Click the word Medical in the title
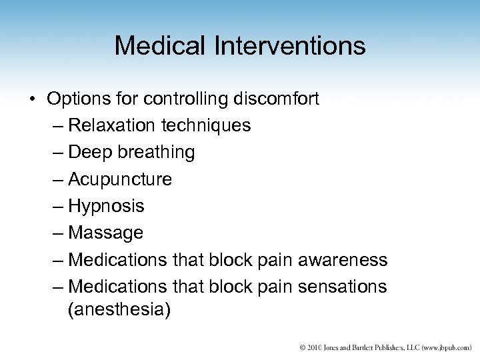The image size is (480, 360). (155, 46)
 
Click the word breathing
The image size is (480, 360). (155, 153)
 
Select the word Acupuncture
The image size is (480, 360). (120, 179)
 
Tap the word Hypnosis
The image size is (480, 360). (106, 206)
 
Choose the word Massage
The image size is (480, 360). (105, 233)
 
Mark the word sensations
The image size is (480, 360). (341, 286)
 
